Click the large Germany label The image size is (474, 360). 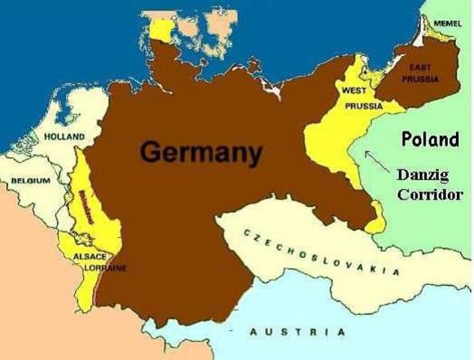coord(202,153)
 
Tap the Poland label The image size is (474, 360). coord(430,139)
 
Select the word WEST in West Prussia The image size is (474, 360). coord(354,91)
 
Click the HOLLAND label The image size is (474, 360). coord(64,136)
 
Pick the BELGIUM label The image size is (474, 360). coord(30,181)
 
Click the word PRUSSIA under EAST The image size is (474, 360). coord(424,78)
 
